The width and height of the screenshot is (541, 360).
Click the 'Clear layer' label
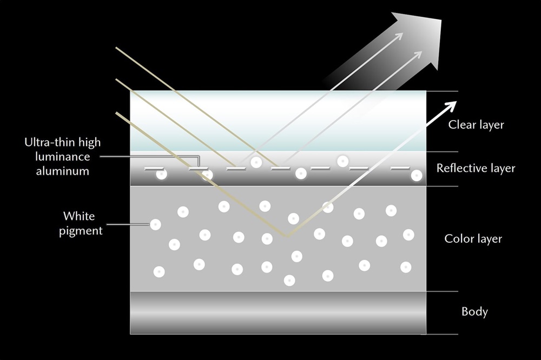tap(476, 125)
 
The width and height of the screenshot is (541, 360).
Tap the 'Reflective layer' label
tap(476, 168)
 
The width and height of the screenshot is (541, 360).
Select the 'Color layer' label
tap(473, 238)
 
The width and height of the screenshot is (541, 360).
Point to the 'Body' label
tap(474, 311)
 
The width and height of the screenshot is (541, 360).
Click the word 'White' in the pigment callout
tap(79, 216)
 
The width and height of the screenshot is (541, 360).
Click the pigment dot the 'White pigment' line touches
tap(155, 224)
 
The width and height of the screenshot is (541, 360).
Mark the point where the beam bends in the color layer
tap(287, 236)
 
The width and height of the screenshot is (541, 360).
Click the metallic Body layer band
tap(278, 312)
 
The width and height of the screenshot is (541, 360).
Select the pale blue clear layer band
tap(278, 122)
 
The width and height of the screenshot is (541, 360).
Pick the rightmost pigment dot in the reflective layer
tap(416, 175)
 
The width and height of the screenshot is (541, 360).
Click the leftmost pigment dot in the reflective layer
tap(161, 174)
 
